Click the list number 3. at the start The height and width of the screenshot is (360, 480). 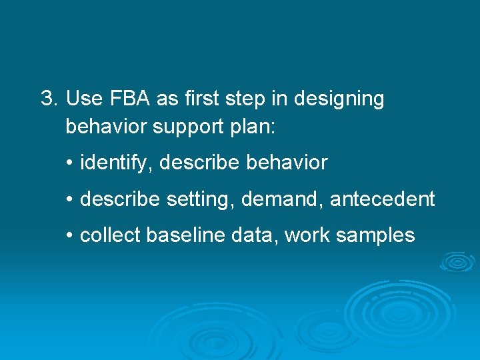coord(49,99)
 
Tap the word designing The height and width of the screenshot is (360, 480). coord(342,99)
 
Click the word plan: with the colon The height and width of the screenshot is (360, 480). coord(251,127)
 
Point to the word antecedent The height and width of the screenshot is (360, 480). coord(382,199)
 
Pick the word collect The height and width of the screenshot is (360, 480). coord(110,235)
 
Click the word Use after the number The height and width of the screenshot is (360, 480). coord(83,99)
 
